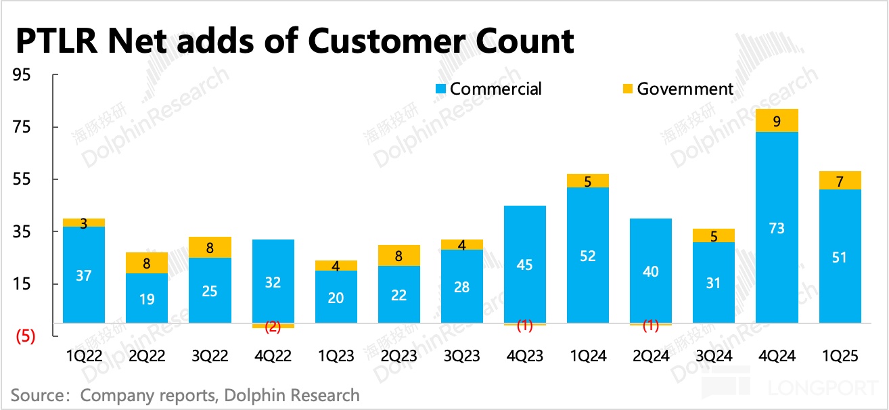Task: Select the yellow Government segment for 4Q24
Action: (x=777, y=120)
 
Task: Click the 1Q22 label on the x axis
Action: (x=84, y=356)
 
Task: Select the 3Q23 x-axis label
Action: (x=461, y=356)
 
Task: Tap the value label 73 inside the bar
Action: (x=777, y=228)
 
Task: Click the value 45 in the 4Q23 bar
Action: (x=524, y=265)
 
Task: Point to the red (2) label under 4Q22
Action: (x=273, y=327)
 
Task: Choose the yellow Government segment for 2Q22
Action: (x=147, y=263)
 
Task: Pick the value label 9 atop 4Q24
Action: (x=777, y=122)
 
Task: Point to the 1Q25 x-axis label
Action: (x=840, y=356)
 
